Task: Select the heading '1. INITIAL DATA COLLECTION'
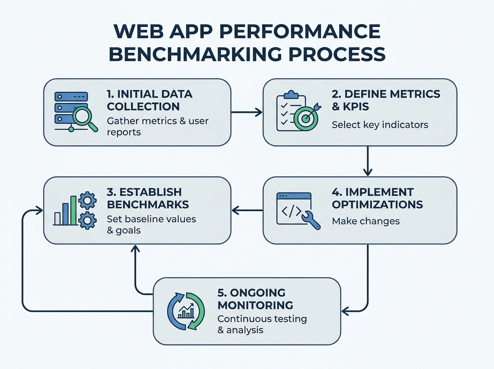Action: [149, 100]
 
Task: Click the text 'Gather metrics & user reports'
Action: [157, 126]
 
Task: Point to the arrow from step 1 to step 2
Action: [247, 112]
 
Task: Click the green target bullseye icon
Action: [305, 118]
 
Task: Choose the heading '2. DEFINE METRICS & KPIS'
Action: [386, 100]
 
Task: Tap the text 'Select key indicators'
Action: [380, 124]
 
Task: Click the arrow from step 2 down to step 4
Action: [367, 161]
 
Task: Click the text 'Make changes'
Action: [366, 221]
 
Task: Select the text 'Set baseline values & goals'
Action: [151, 224]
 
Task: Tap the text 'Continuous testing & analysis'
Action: [262, 324]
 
